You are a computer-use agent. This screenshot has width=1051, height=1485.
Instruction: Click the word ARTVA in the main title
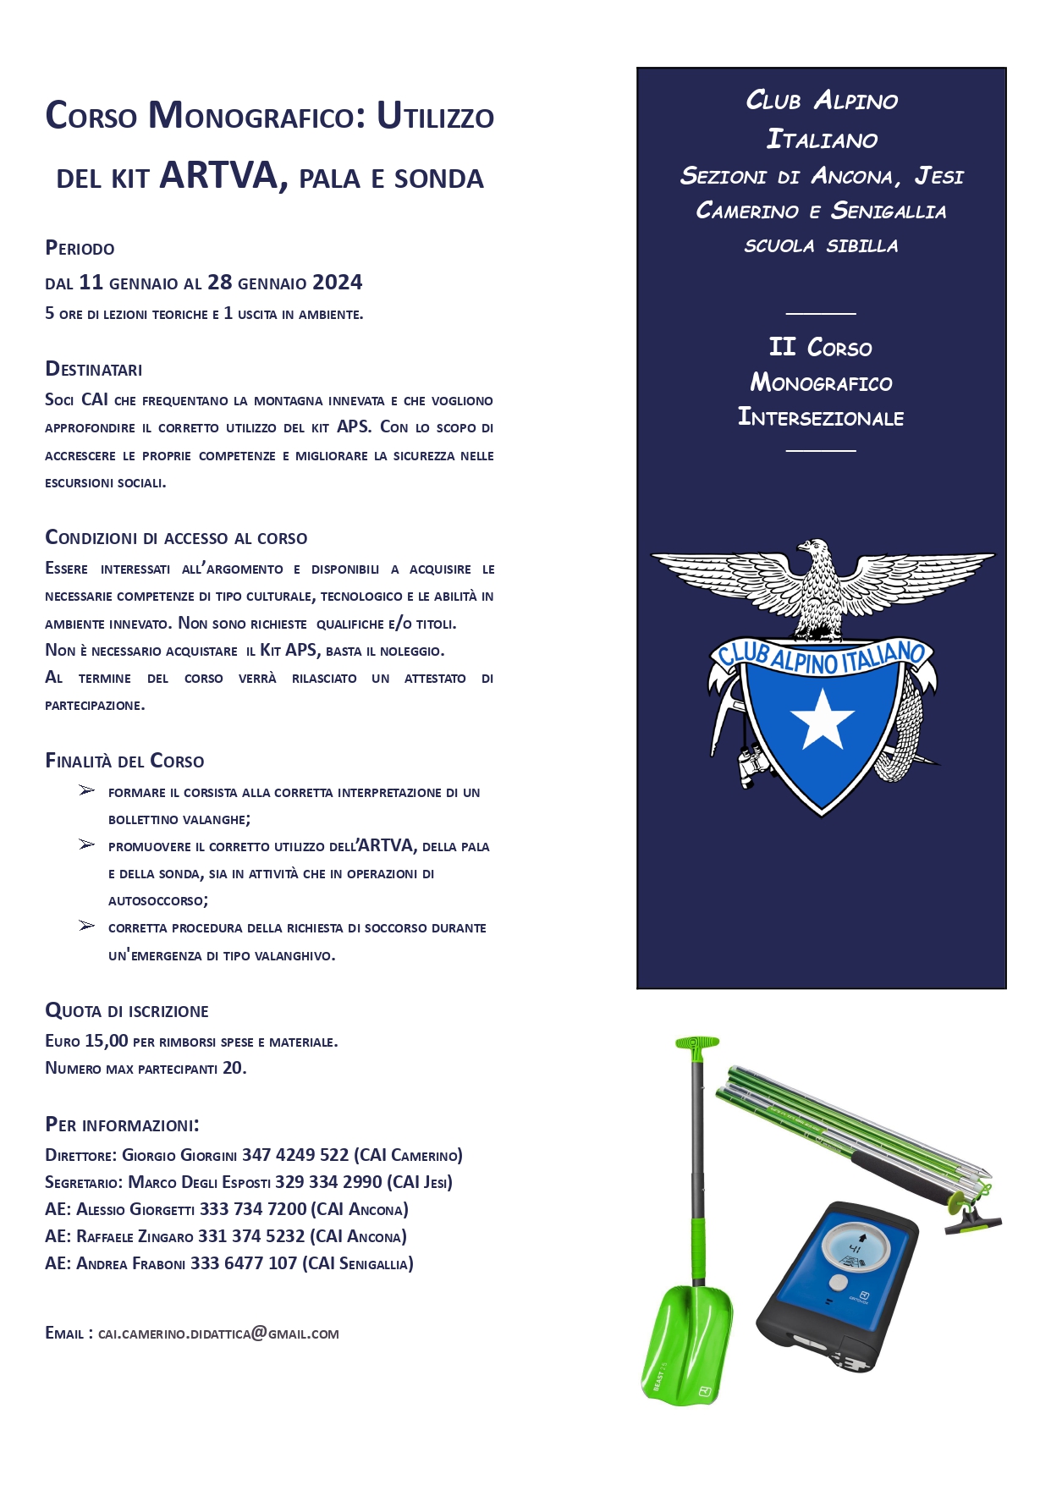(219, 175)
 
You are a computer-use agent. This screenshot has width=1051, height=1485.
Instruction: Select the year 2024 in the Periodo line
(337, 283)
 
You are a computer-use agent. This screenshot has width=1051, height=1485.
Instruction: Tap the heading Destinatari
(94, 369)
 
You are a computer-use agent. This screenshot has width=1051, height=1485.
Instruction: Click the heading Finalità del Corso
(124, 761)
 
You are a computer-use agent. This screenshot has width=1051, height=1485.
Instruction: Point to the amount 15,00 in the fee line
(107, 1041)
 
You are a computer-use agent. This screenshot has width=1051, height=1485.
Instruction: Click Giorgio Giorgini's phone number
(295, 1155)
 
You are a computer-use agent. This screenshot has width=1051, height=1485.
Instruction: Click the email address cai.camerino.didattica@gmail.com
(218, 1334)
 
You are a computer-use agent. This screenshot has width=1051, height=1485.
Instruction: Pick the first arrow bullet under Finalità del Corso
(86, 790)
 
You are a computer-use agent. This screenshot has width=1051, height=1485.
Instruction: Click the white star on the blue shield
(822, 719)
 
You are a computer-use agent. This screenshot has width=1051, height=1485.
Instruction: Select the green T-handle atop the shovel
(697, 1042)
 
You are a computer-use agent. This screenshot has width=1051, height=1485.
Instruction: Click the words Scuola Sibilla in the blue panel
(821, 246)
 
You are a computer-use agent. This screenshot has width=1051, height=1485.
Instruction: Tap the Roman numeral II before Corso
(782, 347)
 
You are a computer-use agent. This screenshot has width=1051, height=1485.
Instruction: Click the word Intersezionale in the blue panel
(821, 417)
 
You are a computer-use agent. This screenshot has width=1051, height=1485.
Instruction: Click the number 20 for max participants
(233, 1068)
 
